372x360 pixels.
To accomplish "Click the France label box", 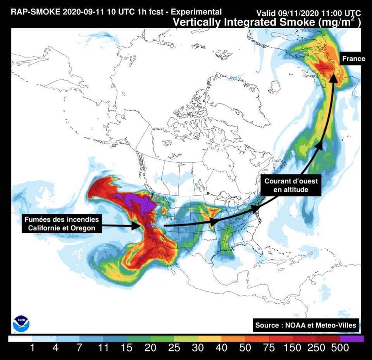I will (353, 59).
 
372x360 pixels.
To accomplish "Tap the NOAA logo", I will (21, 324).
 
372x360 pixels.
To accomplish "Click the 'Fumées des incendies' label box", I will (62, 224).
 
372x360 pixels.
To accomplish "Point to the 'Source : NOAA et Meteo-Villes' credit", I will (306, 325).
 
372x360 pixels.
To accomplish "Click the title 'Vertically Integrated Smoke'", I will (244, 22).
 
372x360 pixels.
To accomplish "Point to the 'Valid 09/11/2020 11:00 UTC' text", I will (309, 12).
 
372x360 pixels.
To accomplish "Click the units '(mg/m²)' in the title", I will (339, 22).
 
